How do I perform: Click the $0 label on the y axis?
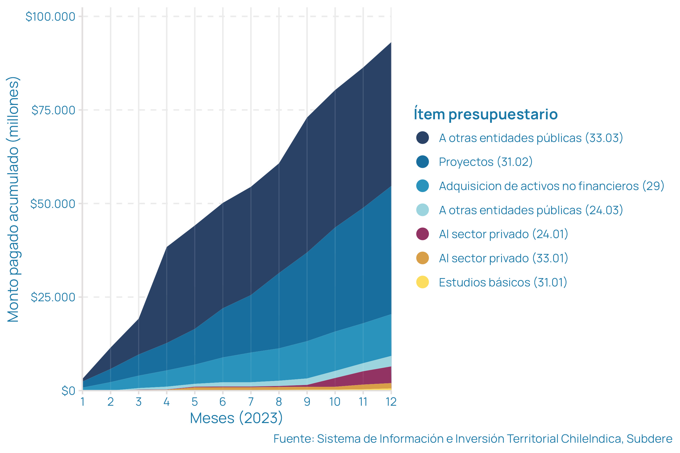coord(68,391)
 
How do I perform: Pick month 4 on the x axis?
coord(166,402)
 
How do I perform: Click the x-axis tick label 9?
coord(307,402)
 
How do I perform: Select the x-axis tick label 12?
coord(391,402)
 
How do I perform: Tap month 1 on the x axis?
coord(83,402)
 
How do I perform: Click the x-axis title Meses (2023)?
coord(236,418)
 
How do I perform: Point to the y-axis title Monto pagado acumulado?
coord(13,199)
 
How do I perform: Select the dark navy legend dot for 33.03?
coord(422,137)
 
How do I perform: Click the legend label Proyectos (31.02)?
coord(485,162)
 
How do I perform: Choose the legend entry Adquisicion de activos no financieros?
coord(551,186)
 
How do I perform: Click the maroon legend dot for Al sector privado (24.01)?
coord(422,234)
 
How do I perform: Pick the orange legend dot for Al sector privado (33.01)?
coord(422,258)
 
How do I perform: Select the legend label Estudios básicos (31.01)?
coord(503,282)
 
